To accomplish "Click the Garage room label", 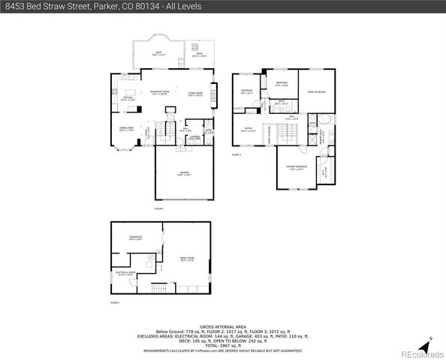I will click(184, 173).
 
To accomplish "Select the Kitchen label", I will click(128, 99).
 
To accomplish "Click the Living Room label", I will click(195, 94).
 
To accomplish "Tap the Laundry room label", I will click(194, 137).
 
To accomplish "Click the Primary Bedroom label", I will click(296, 167).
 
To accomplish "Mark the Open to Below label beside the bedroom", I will click(316, 92).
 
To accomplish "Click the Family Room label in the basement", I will click(186, 259).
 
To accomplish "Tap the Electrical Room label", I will click(125, 274).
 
